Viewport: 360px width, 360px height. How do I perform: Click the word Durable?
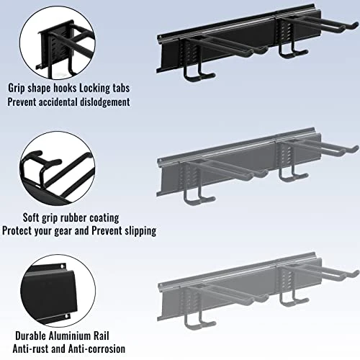coord(31,336)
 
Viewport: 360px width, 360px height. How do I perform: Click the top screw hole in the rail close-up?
coord(62,266)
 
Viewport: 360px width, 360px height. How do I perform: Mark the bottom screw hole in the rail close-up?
coord(67,318)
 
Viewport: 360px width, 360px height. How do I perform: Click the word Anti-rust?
coord(31,348)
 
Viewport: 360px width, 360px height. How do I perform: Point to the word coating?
coord(104,218)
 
